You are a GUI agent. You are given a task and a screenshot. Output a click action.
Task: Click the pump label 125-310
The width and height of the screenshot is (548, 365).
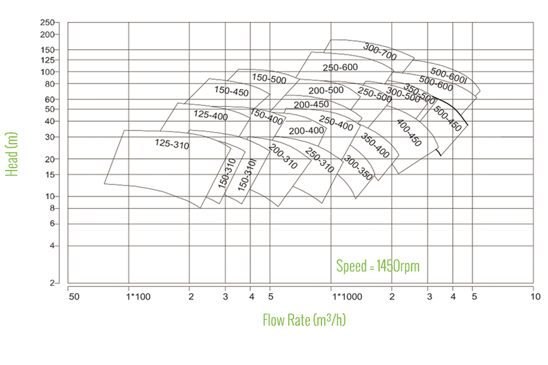pyautogui.click(x=172, y=144)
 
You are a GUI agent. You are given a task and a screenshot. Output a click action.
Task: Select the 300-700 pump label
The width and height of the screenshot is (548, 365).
pyautogui.click(x=380, y=51)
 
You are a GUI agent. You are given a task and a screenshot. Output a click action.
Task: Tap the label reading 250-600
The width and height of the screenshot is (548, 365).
pyautogui.click(x=340, y=67)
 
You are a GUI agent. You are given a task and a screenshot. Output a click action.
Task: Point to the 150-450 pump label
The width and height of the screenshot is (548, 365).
pyautogui.click(x=231, y=91)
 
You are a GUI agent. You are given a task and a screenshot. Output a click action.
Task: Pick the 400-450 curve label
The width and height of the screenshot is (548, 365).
pyautogui.click(x=409, y=133)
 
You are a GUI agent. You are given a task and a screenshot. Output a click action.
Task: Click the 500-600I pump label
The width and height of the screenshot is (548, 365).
pyautogui.click(x=449, y=76)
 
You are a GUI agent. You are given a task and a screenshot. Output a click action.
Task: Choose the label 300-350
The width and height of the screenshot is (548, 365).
pyautogui.click(x=358, y=168)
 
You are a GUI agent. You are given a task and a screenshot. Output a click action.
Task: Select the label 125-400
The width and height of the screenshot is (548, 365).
pyautogui.click(x=211, y=115)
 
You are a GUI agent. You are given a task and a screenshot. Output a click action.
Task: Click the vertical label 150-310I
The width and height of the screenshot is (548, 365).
pyautogui.click(x=247, y=175)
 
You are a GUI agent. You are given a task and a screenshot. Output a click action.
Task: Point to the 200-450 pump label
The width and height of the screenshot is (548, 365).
pyautogui.click(x=311, y=104)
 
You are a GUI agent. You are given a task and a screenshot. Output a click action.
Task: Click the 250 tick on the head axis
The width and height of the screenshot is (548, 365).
pyautogui.click(x=47, y=22)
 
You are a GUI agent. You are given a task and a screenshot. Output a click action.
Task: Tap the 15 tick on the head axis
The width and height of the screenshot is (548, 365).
pyautogui.click(x=50, y=175)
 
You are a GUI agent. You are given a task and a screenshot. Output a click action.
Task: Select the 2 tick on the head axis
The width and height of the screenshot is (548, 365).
pyautogui.click(x=52, y=283)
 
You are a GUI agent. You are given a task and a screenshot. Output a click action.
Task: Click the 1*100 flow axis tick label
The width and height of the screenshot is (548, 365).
pyautogui.click(x=138, y=297)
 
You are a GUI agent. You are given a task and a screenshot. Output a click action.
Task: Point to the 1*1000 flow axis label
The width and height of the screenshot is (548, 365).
pyautogui.click(x=347, y=297)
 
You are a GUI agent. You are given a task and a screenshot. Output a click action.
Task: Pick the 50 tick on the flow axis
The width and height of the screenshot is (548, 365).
pyautogui.click(x=74, y=297)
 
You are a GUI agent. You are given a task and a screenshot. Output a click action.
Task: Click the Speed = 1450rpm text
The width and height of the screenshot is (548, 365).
pyautogui.click(x=378, y=266)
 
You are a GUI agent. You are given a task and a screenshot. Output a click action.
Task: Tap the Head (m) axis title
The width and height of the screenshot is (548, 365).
pyautogui.click(x=11, y=154)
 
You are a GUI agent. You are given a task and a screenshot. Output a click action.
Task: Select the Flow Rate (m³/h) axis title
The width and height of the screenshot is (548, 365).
pyautogui.click(x=304, y=320)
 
